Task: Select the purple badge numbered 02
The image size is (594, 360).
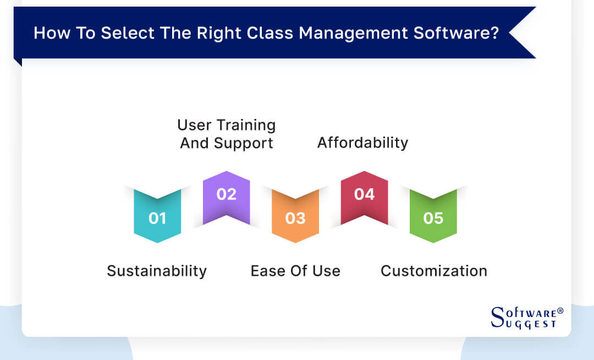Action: pyautogui.click(x=226, y=195)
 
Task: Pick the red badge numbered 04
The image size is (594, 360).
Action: pyautogui.click(x=364, y=195)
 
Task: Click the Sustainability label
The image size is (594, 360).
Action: pyautogui.click(x=157, y=271)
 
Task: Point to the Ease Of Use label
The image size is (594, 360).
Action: pyautogui.click(x=295, y=271)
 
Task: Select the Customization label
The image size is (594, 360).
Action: pyautogui.click(x=434, y=271)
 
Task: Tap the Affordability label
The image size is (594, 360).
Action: pyautogui.click(x=362, y=143)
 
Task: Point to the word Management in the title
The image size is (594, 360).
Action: pyautogui.click(x=358, y=33)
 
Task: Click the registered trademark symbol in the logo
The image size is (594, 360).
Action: pyautogui.click(x=560, y=311)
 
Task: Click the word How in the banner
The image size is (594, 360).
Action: pyautogui.click(x=47, y=33)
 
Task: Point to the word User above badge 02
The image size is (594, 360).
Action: pyautogui.click(x=194, y=126)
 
